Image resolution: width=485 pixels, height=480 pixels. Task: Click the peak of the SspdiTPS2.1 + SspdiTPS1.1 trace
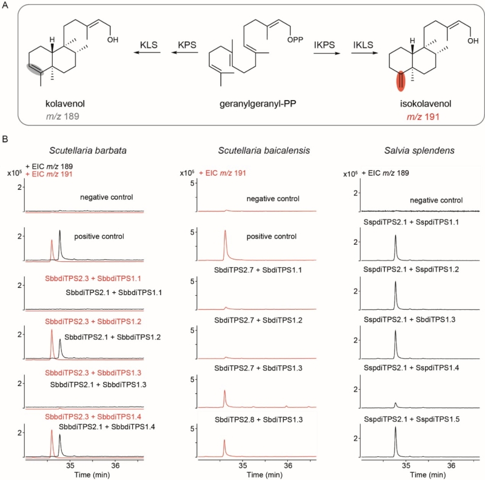click(396, 236)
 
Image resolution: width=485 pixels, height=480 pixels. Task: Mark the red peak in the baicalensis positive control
click(225, 231)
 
